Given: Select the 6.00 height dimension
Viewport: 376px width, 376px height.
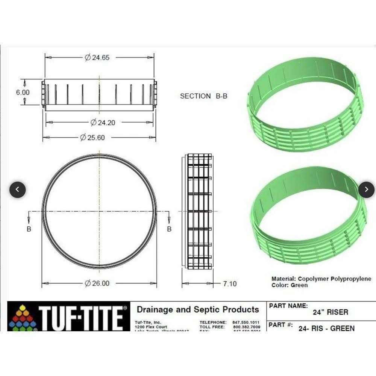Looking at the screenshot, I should [x=23, y=92].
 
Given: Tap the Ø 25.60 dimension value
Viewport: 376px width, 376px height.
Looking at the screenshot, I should [x=92, y=138].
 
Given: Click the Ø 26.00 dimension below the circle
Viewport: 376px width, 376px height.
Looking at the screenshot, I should [x=97, y=283].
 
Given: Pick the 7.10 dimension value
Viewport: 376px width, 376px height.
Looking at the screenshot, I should [x=229, y=284].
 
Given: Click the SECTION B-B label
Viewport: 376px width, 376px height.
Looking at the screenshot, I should [x=203, y=96].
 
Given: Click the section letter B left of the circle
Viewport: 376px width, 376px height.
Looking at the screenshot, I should [x=29, y=229].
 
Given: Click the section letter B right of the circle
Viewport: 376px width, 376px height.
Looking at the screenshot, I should [x=169, y=229].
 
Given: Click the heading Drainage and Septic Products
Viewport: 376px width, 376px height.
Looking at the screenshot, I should [x=198, y=310].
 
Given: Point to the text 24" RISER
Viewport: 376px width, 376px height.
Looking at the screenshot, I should [x=331, y=312].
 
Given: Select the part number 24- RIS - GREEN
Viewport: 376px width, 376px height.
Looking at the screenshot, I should [x=326, y=328].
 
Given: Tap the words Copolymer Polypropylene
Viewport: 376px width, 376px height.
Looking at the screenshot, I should [x=334, y=279].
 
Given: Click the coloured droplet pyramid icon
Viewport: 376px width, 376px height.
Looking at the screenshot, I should [x=23, y=318].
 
